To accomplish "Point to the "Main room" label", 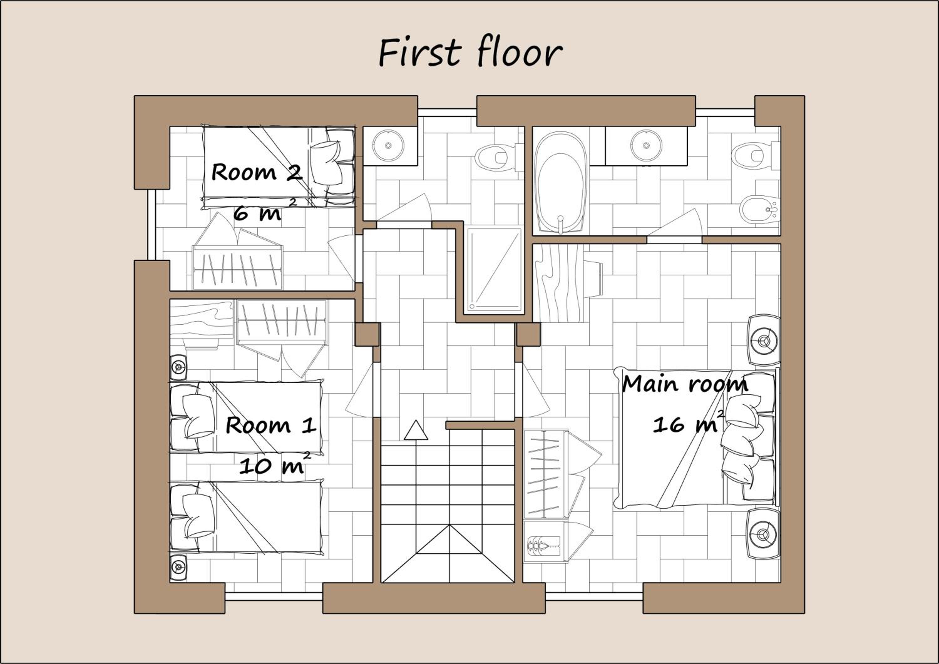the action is (x=685, y=384).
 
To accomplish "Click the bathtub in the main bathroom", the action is (x=560, y=183).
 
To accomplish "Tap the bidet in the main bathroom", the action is (x=760, y=210).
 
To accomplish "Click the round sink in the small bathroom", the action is (x=388, y=145).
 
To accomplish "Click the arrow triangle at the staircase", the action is (x=416, y=431).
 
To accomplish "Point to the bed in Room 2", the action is (x=279, y=168).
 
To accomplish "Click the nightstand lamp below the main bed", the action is (x=763, y=534).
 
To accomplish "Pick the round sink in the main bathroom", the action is (x=646, y=146).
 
